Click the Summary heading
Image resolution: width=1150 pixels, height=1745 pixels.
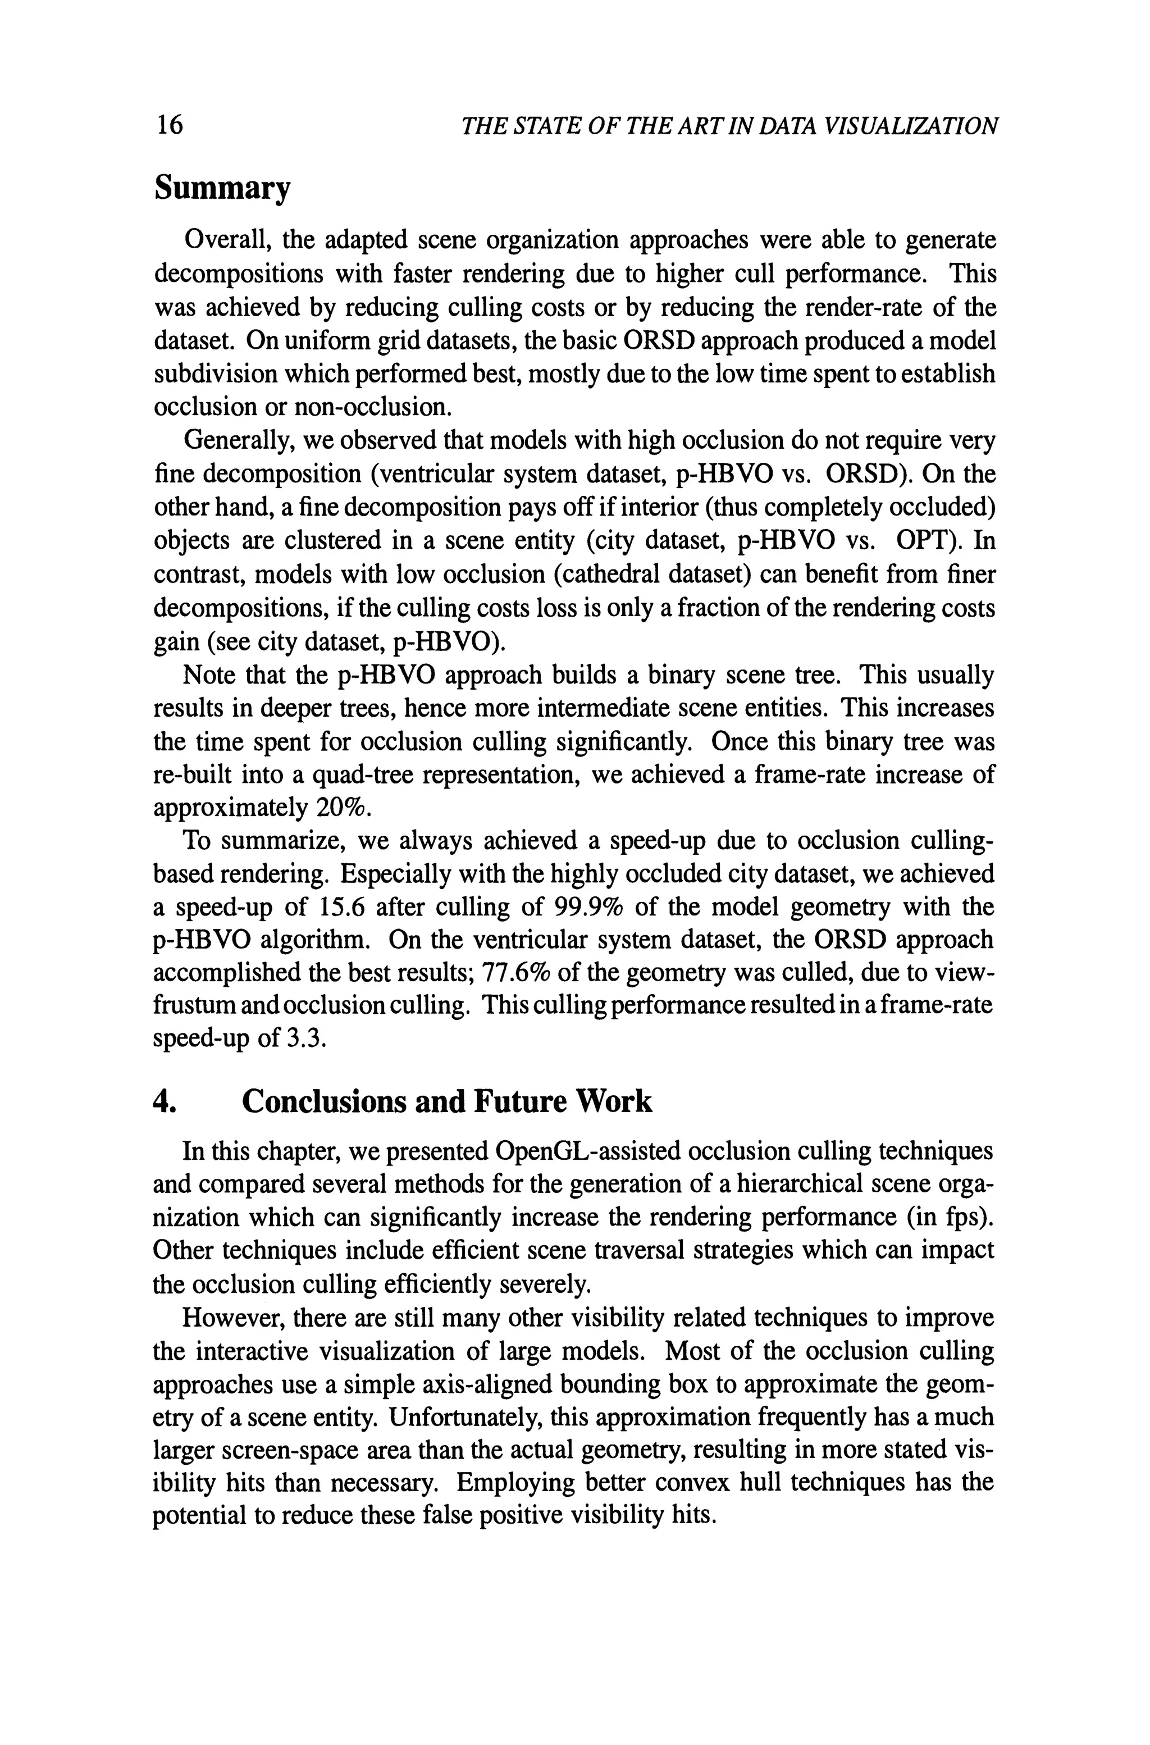(x=222, y=189)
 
